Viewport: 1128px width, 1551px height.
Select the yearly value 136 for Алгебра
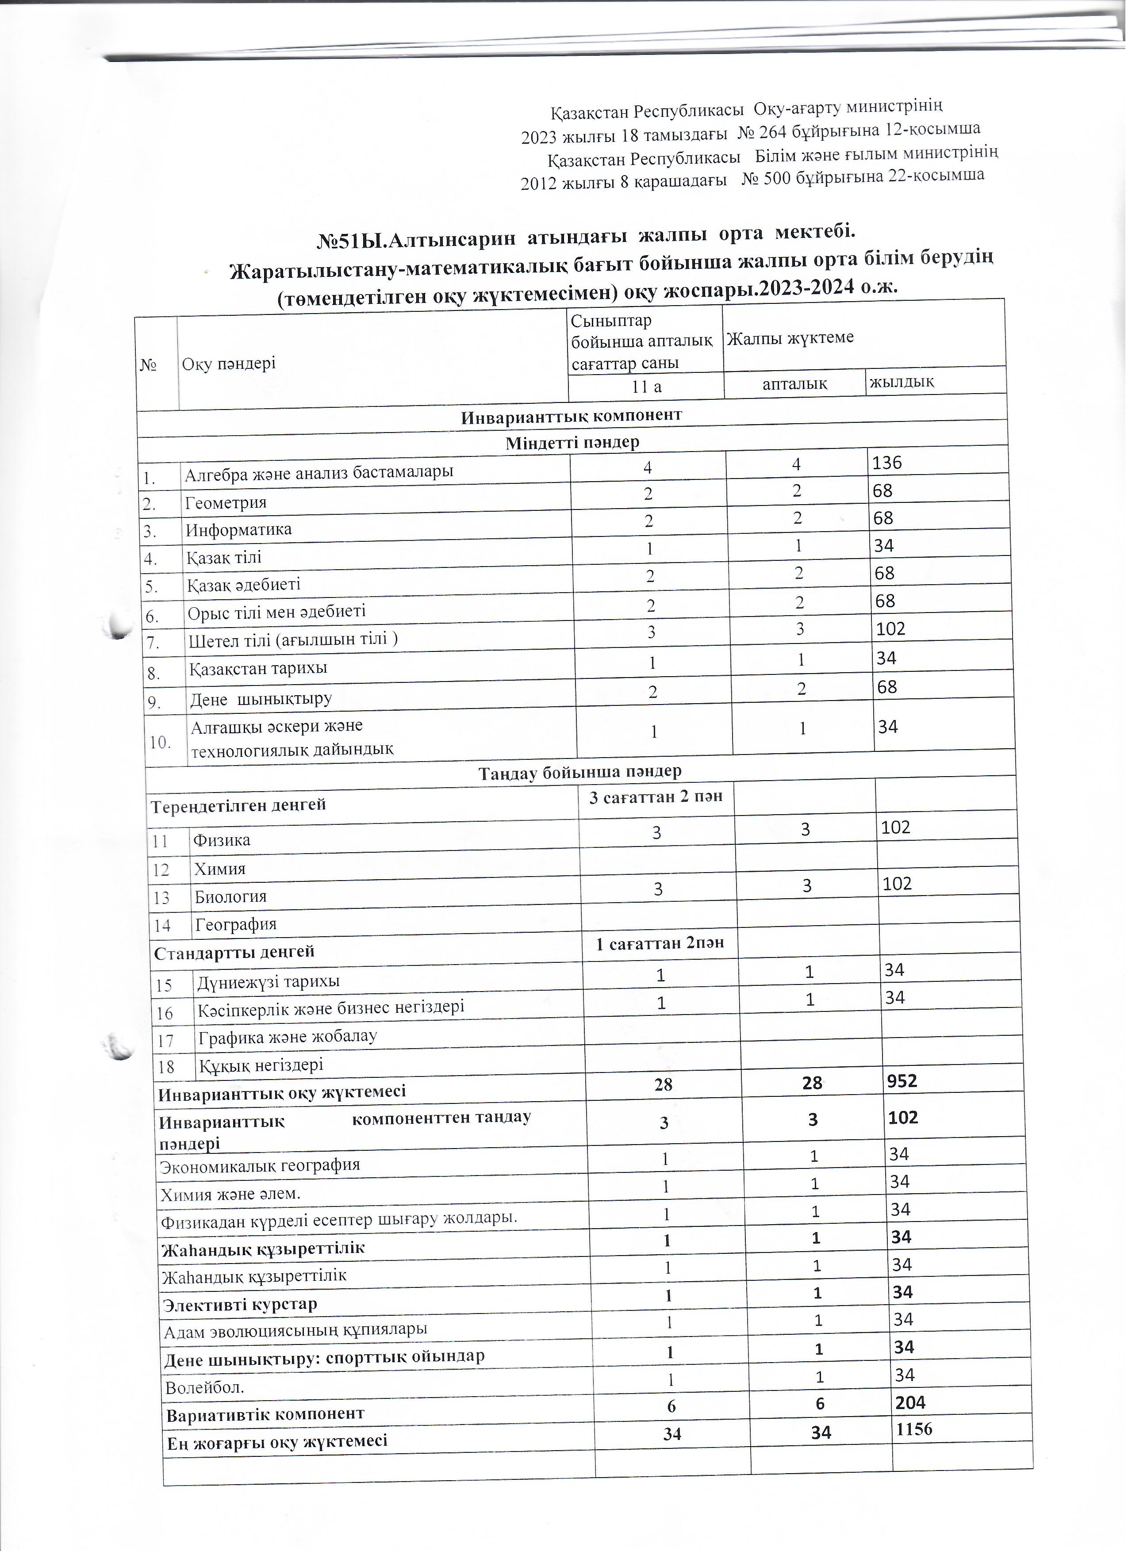(887, 463)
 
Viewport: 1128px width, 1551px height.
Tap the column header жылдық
(902, 382)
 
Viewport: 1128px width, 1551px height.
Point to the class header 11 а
(646, 387)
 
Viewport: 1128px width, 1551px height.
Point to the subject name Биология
(230, 896)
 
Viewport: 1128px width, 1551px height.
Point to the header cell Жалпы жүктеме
(790, 338)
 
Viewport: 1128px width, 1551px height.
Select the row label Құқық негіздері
(261, 1065)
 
